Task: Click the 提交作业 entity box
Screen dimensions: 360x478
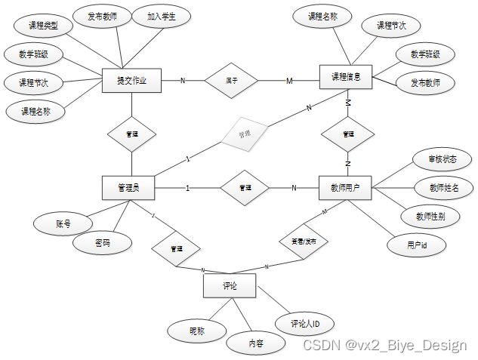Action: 132,80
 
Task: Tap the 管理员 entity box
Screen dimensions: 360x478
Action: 128,188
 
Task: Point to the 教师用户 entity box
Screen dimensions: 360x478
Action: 345,188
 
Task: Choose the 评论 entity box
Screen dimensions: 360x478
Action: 230,286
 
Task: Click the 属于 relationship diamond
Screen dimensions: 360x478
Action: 232,81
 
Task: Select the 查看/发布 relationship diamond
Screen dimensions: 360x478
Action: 304,242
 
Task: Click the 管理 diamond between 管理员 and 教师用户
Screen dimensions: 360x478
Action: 244,187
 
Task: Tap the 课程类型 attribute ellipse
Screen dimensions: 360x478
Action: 44,26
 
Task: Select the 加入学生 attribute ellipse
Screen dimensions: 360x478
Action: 160,16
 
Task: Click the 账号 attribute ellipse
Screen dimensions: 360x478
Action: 63,223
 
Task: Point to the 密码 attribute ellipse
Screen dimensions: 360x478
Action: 103,243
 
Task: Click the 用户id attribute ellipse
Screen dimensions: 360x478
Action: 417,245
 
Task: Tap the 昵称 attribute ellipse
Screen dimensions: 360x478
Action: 196,330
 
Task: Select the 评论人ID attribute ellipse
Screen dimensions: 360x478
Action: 305,324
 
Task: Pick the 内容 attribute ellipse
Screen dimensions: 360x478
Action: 256,343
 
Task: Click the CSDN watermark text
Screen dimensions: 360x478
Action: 384,345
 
